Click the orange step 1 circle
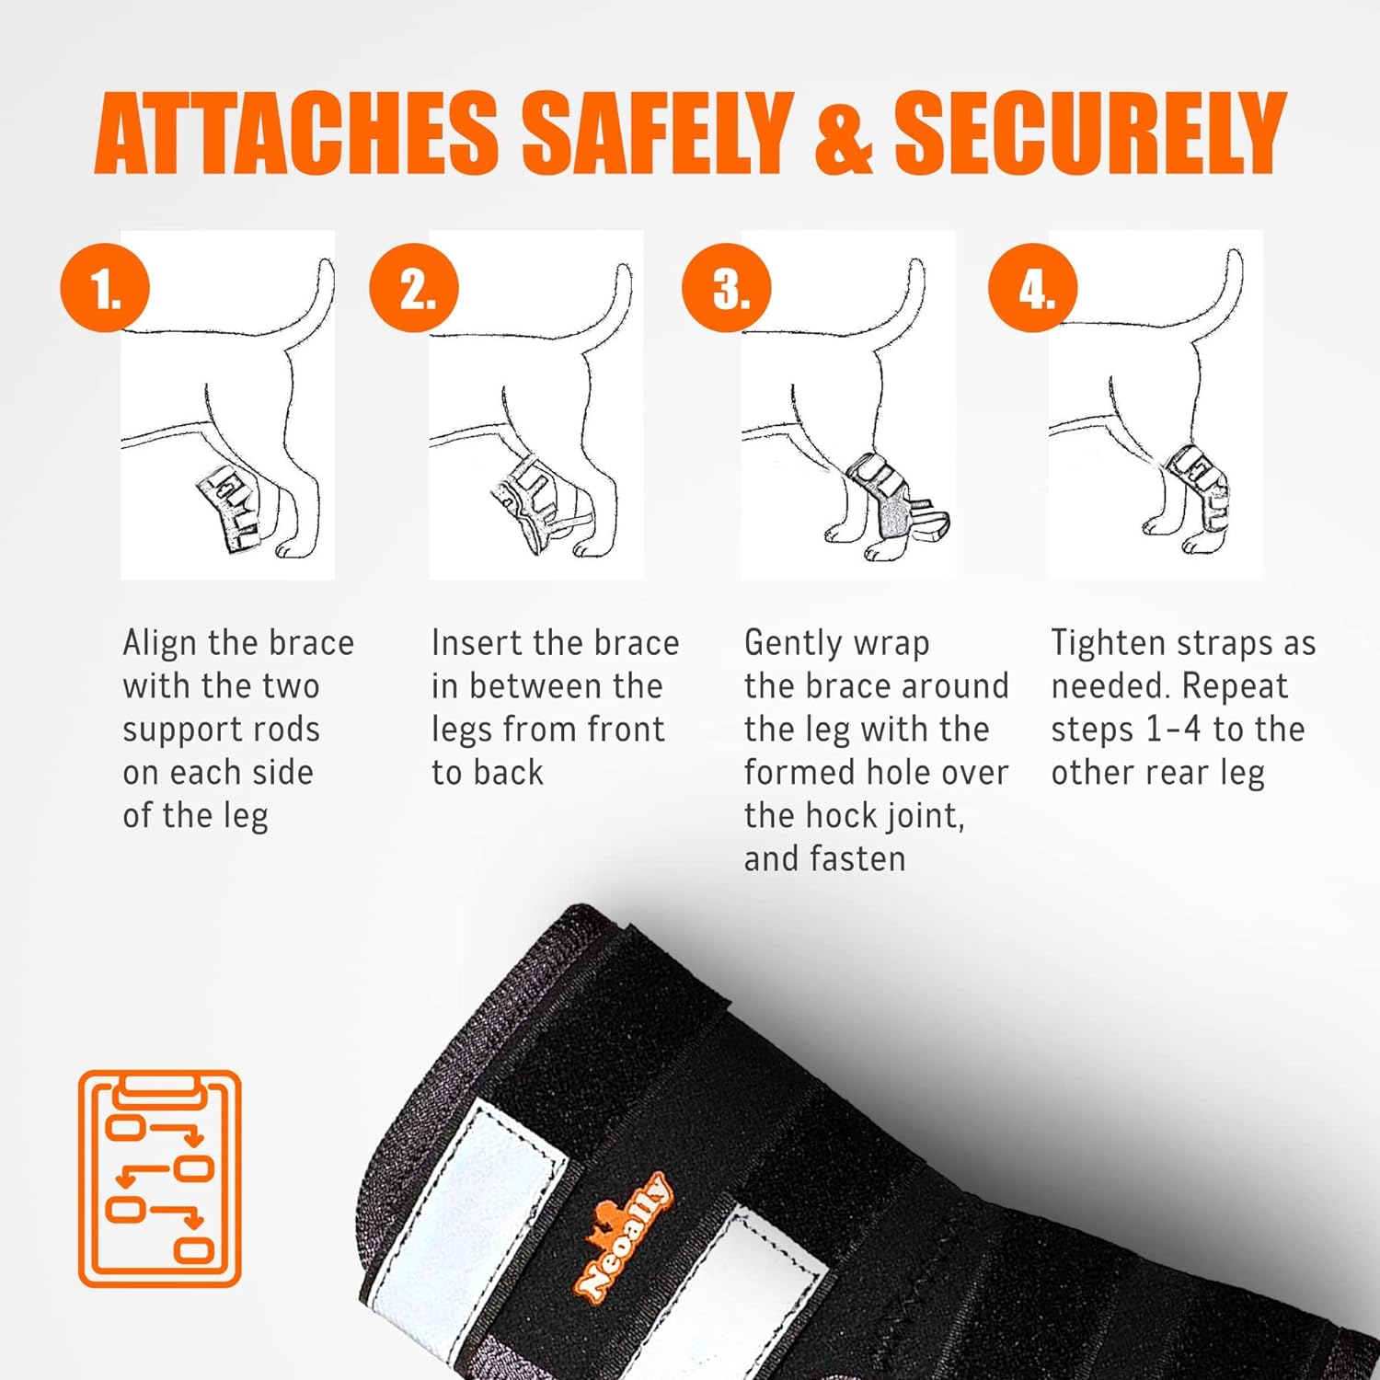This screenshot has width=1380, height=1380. (105, 288)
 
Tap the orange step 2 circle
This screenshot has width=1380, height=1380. (414, 288)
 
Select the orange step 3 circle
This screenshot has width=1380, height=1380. (727, 288)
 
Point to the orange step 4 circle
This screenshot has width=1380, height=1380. (1033, 288)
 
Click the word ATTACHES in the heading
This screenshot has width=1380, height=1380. (296, 132)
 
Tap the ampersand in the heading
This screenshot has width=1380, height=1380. (843, 132)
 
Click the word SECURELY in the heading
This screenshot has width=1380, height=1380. (1089, 132)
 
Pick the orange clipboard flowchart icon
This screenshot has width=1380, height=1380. (160, 1179)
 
